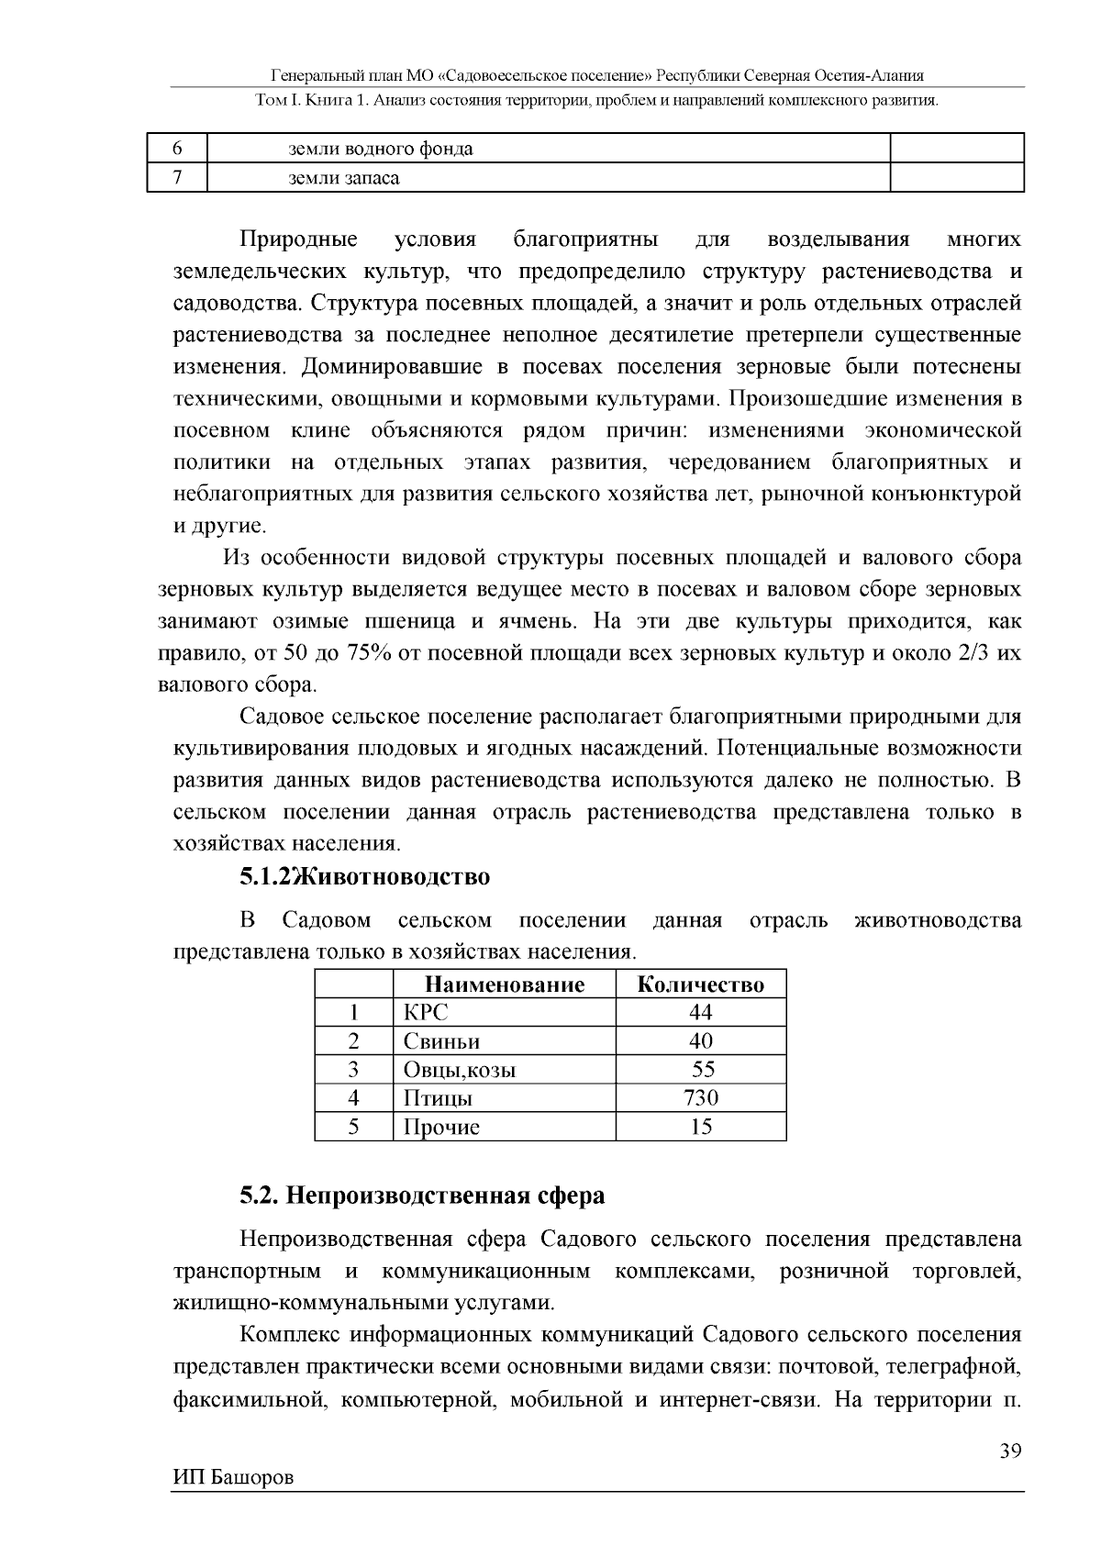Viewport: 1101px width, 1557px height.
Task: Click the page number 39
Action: (x=1010, y=1451)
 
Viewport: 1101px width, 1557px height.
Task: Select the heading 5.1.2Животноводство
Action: (x=365, y=877)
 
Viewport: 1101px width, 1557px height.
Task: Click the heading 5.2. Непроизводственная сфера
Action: (x=422, y=1196)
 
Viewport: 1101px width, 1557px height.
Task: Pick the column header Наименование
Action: (x=504, y=984)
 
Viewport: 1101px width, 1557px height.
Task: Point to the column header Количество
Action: (x=700, y=984)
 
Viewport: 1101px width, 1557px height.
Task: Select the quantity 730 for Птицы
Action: (x=701, y=1097)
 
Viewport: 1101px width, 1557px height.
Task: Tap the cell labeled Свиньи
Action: (x=441, y=1041)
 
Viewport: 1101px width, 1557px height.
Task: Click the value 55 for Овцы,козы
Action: (x=703, y=1069)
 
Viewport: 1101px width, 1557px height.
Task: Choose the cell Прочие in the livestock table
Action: (x=441, y=1127)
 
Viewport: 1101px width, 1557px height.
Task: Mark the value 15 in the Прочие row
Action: (x=701, y=1127)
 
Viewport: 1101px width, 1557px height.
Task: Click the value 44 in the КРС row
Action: (x=701, y=1012)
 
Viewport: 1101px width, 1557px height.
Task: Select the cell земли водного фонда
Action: (x=381, y=149)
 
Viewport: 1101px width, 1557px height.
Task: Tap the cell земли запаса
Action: (x=344, y=178)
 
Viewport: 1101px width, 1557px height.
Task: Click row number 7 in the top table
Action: (x=177, y=178)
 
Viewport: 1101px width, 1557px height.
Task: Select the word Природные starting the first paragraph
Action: (x=299, y=240)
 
